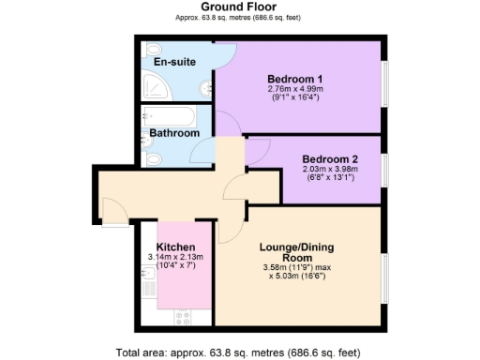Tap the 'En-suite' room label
(x=173, y=64)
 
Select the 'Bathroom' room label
(x=174, y=134)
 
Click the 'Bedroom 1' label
(x=295, y=78)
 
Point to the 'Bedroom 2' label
(x=329, y=159)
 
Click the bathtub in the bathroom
(x=174, y=116)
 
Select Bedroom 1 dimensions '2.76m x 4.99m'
(x=295, y=90)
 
